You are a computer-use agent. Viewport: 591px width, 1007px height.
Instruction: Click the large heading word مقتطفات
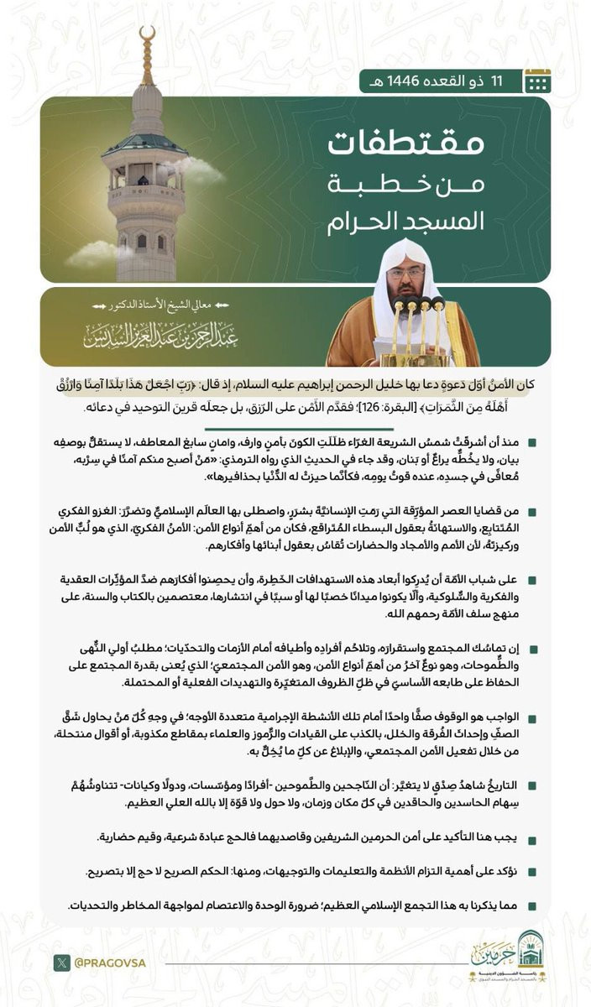405,144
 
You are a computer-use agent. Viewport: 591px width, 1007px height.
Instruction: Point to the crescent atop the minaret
148,36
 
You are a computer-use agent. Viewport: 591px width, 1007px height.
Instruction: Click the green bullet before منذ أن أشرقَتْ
532,442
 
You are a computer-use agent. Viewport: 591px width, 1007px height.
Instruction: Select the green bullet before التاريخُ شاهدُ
532,784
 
